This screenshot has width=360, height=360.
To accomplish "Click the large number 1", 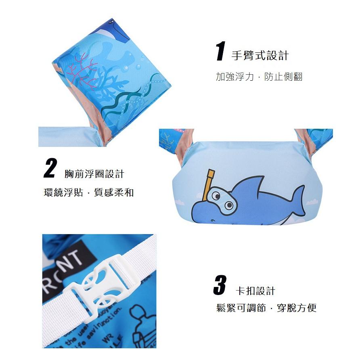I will pyautogui.click(x=220, y=52).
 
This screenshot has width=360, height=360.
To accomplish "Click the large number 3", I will pyautogui.click(x=220, y=285).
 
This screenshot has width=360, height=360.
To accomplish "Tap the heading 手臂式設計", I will pyautogui.click(x=260, y=55).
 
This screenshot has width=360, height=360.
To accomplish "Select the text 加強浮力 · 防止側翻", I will pyautogui.click(x=259, y=76).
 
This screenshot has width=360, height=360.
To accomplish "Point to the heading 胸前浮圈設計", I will pyautogui.click(x=94, y=174).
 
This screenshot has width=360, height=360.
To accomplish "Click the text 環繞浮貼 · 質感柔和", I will pyautogui.click(x=88, y=192).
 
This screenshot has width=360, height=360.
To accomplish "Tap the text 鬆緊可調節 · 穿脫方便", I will pyautogui.click(x=266, y=308).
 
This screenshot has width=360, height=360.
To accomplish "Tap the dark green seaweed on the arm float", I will pyautogui.click(x=121, y=101).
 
